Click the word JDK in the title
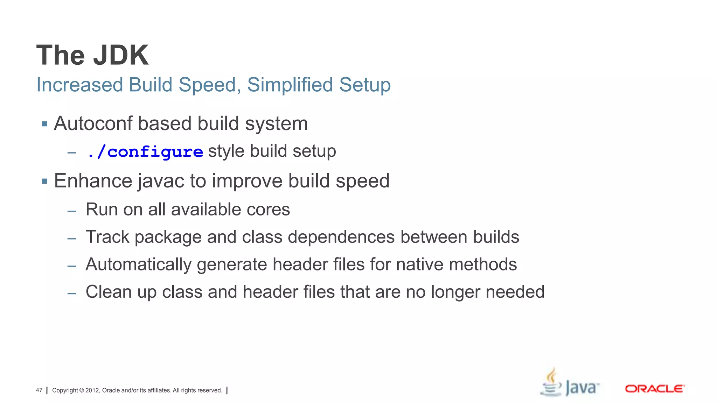tap(121, 55)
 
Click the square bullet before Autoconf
tap(44, 124)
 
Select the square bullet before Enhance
tap(44, 181)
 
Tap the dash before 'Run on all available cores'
tap(72, 211)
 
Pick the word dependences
tap(341, 237)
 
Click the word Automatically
tap(138, 264)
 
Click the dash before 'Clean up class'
tap(72, 293)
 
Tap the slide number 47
tap(39, 390)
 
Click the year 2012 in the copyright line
tap(92, 390)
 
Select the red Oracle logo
tap(654, 389)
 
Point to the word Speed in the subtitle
tap(210, 85)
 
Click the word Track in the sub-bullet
tap(107, 237)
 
